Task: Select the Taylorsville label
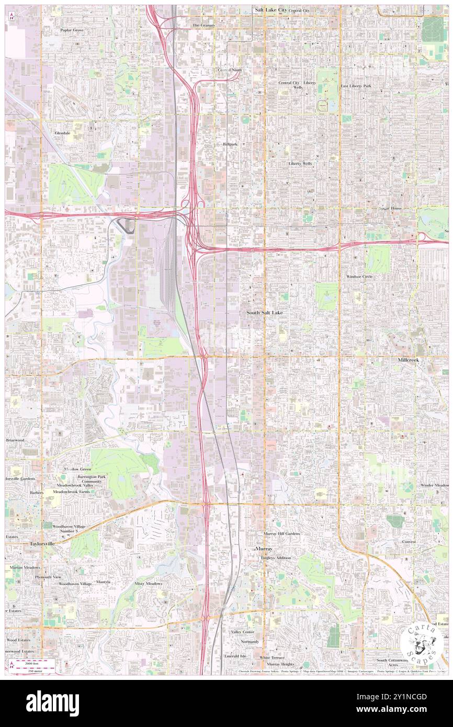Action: (41, 544)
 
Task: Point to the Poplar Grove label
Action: (72, 30)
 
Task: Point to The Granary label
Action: (203, 25)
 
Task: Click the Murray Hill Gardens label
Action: (281, 533)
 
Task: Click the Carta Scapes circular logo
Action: (422, 643)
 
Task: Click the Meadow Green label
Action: (77, 469)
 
